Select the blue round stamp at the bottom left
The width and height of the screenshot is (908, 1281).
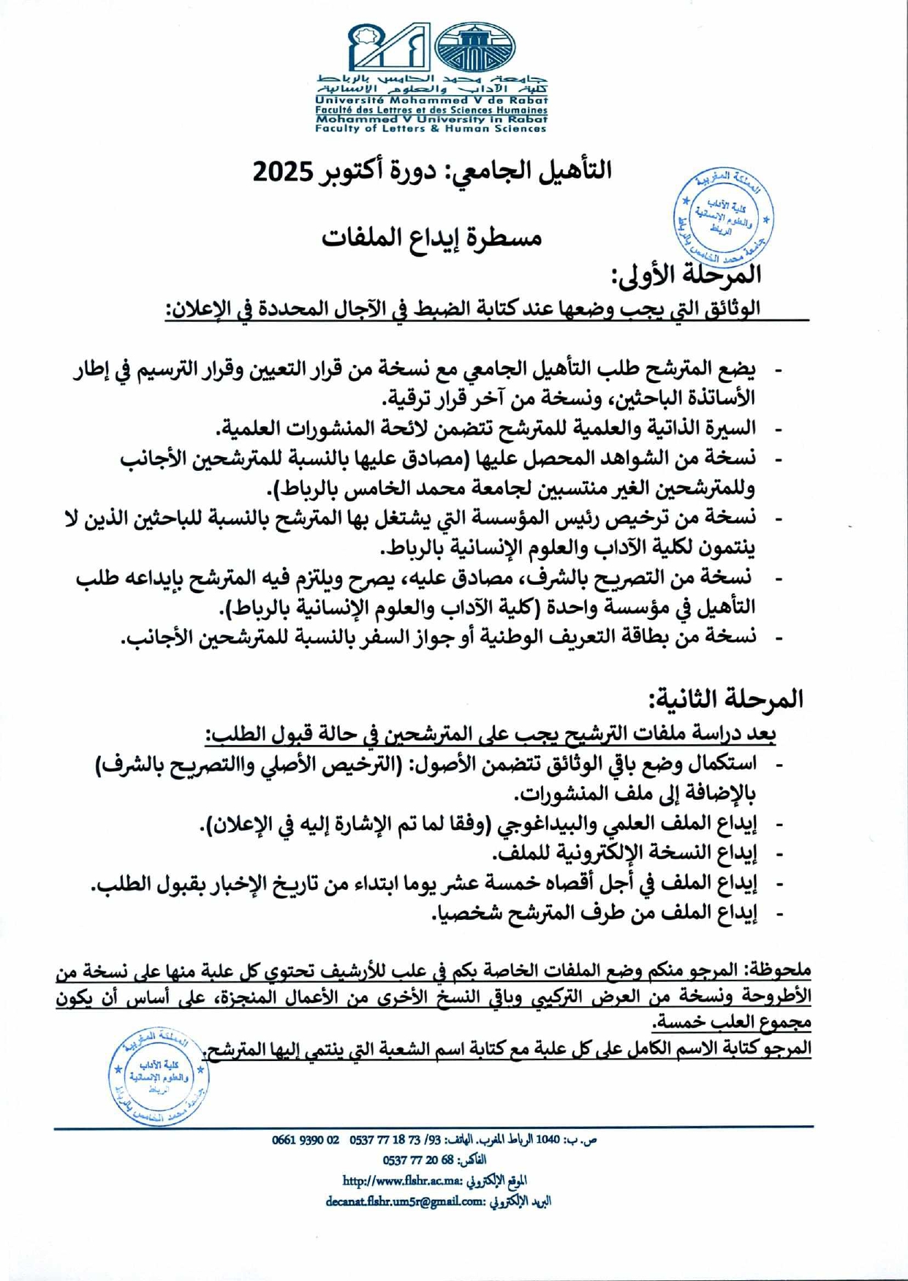158,1076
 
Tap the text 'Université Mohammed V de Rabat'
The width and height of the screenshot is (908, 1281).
431,100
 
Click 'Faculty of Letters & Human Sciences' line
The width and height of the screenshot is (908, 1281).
431,129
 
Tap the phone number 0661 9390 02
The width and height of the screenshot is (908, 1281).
306,1139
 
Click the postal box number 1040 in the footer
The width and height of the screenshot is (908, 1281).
548,1139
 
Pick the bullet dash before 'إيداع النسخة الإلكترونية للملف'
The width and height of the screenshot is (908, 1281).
779,854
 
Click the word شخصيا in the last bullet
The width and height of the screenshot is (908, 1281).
461,913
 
